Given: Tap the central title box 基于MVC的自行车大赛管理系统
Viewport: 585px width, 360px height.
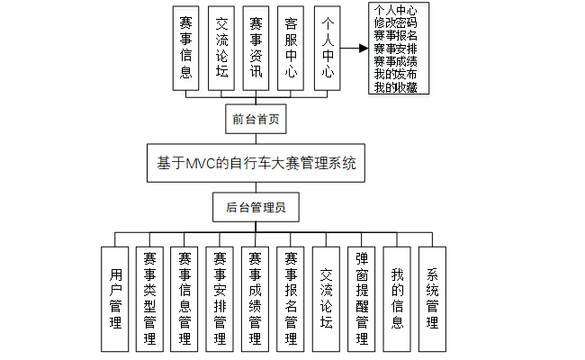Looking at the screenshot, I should [256, 164].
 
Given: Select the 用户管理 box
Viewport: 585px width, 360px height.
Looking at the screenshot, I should [114, 298].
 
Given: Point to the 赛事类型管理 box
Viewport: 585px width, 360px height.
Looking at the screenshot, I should [150, 298].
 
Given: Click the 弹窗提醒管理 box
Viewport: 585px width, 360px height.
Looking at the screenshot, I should [361, 298].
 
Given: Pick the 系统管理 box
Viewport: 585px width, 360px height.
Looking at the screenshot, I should [432, 298].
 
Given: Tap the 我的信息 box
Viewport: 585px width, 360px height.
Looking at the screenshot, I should [397, 298].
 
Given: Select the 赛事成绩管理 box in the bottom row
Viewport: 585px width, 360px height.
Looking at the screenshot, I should [256, 298].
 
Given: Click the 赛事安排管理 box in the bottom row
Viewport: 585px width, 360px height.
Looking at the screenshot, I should [220, 298].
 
